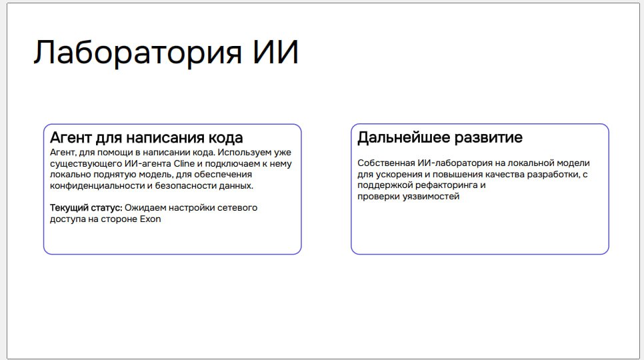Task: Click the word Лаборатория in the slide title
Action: (138, 53)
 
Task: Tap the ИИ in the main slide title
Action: (275, 52)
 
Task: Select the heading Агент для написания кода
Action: (146, 137)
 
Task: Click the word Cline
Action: (184, 163)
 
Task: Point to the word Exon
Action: (150, 219)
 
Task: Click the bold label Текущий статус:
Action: (86, 208)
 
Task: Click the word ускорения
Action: (396, 175)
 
